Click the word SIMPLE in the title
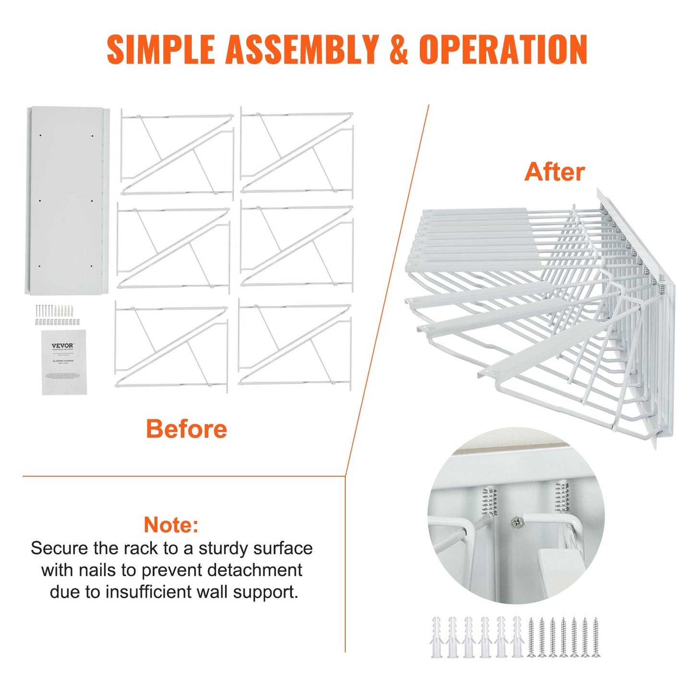click(160, 49)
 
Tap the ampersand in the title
click(398, 49)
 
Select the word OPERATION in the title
click(503, 49)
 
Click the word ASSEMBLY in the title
click(302, 49)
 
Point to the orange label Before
click(186, 428)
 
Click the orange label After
click(554, 171)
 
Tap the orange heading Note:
click(171, 524)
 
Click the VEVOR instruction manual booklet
click(64, 362)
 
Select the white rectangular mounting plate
click(66, 200)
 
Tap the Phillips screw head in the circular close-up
click(516, 522)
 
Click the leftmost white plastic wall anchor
click(436, 637)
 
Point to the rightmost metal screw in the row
click(596, 637)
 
